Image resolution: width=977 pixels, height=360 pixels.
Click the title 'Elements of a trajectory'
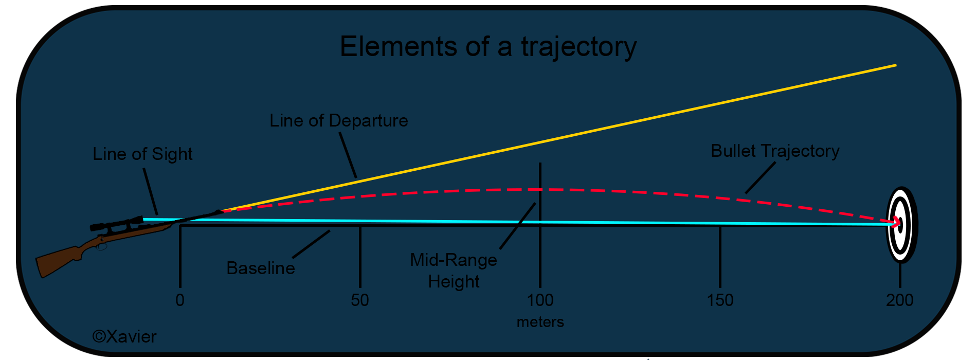[x=488, y=47]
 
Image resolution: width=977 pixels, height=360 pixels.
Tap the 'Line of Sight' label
[x=142, y=154]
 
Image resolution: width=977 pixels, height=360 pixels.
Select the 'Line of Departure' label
[x=339, y=120]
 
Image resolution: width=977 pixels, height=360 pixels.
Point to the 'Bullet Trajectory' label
[x=775, y=151]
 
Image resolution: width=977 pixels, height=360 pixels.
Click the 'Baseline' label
[x=261, y=268]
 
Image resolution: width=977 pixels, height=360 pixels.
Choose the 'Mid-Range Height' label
[x=454, y=271]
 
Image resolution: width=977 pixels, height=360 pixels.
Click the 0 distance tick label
[x=180, y=300]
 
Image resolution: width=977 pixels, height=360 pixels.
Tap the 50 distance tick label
[x=360, y=300]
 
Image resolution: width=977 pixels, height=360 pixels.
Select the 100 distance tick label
[x=540, y=300]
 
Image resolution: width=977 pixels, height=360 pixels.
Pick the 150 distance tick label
[x=720, y=300]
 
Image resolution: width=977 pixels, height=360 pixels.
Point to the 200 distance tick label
[x=900, y=300]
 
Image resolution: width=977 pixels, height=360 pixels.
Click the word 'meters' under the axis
[x=540, y=322]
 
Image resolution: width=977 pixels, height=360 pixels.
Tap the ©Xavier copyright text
[x=124, y=337]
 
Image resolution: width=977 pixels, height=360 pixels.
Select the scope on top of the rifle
[x=117, y=224]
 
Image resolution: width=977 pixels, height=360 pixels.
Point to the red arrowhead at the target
[x=897, y=222]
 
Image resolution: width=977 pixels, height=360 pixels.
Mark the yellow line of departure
[x=559, y=138]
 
